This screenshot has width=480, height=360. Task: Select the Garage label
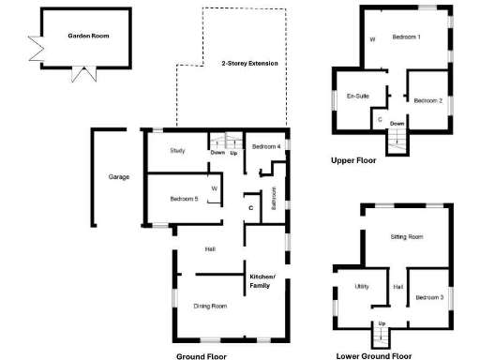click(x=119, y=176)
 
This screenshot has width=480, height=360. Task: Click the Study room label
click(x=177, y=151)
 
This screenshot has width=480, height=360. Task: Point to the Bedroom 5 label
click(x=184, y=199)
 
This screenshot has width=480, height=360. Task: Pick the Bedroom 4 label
click(x=265, y=147)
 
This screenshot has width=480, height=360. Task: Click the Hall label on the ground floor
click(x=211, y=248)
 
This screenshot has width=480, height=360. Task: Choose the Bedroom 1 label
click(x=406, y=37)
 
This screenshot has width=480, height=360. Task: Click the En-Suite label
click(x=355, y=96)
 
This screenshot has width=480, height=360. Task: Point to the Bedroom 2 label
click(x=427, y=100)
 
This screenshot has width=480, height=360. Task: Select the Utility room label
click(x=362, y=286)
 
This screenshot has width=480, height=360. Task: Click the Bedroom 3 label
click(x=428, y=296)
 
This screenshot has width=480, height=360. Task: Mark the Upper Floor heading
click(x=353, y=160)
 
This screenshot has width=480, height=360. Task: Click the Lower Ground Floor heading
click(x=374, y=356)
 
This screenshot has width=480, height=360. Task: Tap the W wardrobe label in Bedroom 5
click(x=215, y=189)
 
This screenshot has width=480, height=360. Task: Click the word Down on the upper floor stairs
click(x=397, y=124)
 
